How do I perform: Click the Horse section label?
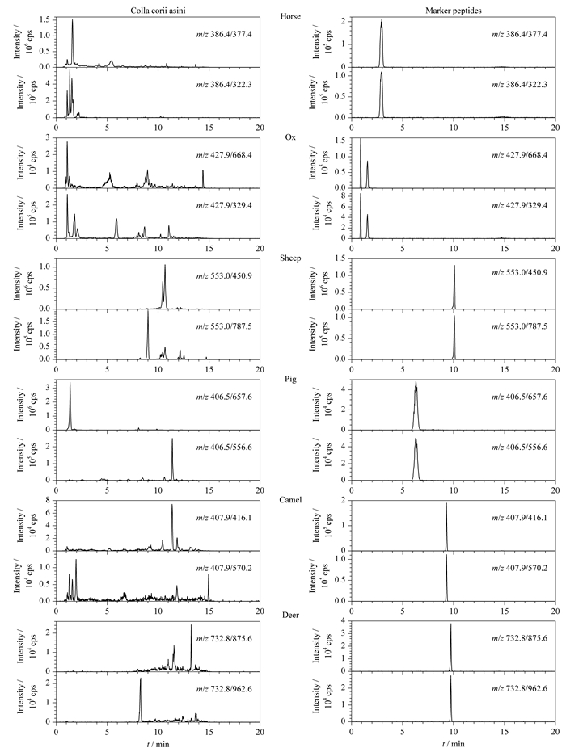290,16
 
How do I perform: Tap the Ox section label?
290,137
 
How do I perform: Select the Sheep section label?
290,258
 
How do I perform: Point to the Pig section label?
290,379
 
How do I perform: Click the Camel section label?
290,500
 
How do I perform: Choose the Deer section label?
290,616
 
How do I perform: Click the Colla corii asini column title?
158,11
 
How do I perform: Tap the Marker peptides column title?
454,11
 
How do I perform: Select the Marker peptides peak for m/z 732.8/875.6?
450,647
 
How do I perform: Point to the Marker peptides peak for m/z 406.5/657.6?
416,406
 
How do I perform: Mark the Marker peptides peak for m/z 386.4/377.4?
382,43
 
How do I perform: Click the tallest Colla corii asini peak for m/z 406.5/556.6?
172,459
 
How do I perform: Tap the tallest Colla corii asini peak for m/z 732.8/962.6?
141,700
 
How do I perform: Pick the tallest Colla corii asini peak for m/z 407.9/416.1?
172,527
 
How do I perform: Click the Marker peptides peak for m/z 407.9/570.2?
446,578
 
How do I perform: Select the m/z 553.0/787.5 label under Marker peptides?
520,326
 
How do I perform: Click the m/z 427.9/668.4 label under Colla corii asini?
225,155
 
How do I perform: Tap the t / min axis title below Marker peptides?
454,743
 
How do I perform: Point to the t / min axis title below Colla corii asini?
158,743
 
